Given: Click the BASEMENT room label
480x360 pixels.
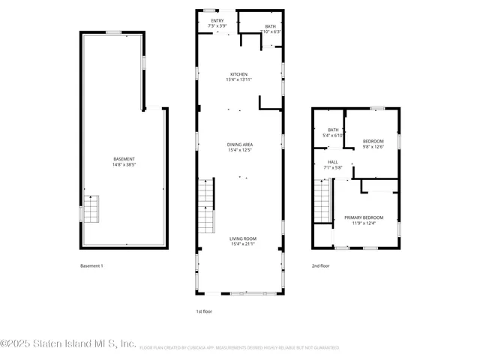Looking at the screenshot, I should pos(124,159).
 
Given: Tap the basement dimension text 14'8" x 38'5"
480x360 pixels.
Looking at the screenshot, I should pos(124,164).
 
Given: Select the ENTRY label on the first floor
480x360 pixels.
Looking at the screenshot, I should pos(217,21).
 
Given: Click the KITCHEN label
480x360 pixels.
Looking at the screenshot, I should pos(239,74).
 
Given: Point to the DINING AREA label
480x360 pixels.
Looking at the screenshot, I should pos(240,144).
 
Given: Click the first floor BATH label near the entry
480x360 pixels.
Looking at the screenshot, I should pos(270,26).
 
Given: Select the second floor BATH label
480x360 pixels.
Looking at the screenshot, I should pos(333,130).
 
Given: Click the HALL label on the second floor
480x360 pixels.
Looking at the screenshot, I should pos(333,162).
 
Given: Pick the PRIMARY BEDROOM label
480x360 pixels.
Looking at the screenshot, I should pos(363,217).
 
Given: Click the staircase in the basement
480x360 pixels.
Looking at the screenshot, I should pos(90,208).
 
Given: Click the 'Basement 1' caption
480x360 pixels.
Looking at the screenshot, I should pos(91,266).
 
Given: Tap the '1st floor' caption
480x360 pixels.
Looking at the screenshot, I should pos(205,310).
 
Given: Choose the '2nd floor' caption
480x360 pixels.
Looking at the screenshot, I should pos(321,266).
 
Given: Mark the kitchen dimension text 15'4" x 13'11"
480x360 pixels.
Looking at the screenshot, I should pos(239,79).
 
